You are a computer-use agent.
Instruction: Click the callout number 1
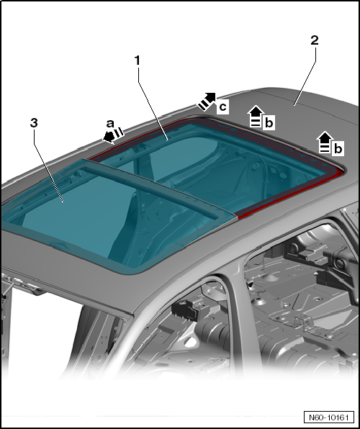138,60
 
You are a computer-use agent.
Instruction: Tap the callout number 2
315,40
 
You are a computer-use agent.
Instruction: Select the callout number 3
34,123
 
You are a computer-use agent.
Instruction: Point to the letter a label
110,124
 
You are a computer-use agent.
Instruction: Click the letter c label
223,107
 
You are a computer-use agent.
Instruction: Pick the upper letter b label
269,123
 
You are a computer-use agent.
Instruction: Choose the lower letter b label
338,148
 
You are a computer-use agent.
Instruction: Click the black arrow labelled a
113,135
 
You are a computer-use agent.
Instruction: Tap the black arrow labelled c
207,101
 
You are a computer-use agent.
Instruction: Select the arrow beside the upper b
256,117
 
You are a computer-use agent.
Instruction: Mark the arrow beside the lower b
325,142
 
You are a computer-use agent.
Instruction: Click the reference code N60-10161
329,417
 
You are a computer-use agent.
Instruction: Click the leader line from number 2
305,76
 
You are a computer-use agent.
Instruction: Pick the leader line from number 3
48,166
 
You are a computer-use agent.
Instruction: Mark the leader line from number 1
153,104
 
